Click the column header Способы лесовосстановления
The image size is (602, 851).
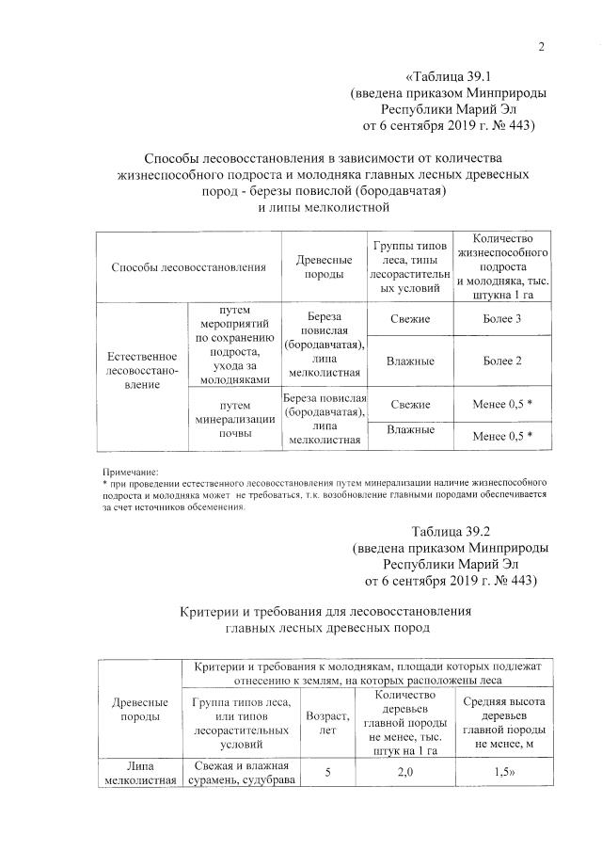coord(188,266)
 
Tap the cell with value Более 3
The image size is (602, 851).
coord(502,319)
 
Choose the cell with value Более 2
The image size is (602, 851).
coord(502,361)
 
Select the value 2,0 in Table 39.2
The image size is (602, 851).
coord(404,772)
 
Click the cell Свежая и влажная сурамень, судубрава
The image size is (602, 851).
coord(241,772)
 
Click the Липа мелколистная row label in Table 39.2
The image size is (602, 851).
coord(140,772)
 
